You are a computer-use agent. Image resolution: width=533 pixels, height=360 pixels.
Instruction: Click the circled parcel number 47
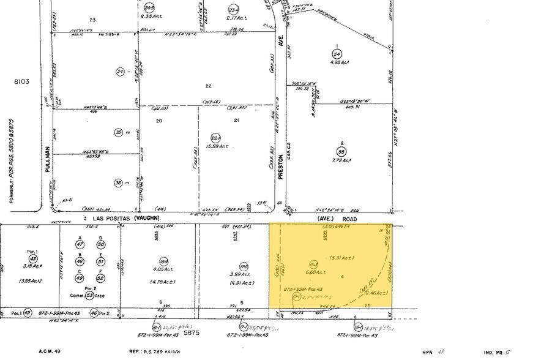pyautogui.click(x=80, y=245)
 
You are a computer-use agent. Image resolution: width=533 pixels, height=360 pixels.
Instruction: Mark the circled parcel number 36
pyautogui.click(x=118, y=182)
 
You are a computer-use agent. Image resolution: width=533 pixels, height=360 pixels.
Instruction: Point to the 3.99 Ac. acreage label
pyautogui.click(x=227, y=273)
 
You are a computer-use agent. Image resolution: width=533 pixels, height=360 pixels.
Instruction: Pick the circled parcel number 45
pyautogui.click(x=27, y=313)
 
